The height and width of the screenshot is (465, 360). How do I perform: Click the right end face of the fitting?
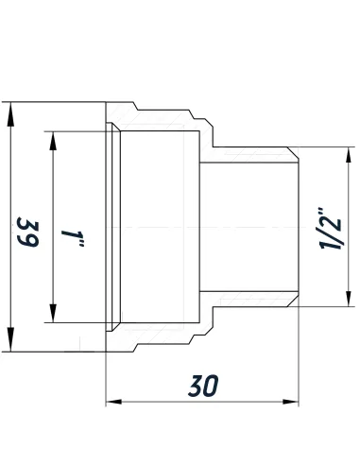[299, 227]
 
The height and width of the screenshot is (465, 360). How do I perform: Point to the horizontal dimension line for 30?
[202, 404]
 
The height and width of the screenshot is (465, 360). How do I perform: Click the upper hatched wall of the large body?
[161, 113]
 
